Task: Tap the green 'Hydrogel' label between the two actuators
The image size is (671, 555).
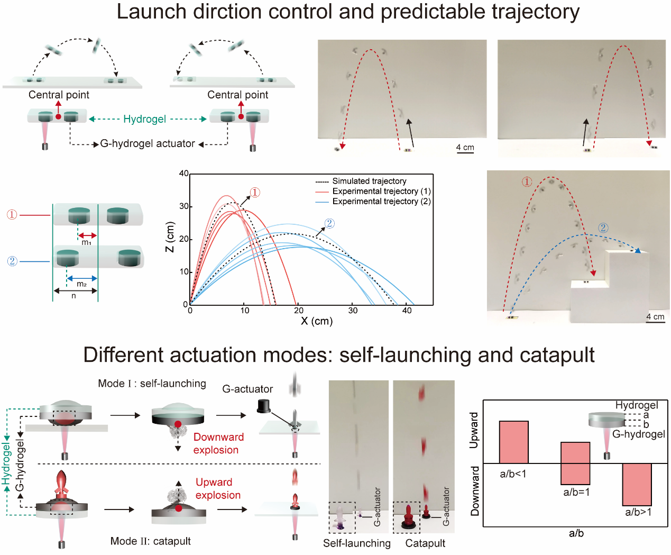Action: click(x=144, y=119)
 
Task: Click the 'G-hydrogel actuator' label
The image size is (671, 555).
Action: click(x=148, y=143)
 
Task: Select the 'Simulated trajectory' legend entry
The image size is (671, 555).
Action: click(x=361, y=181)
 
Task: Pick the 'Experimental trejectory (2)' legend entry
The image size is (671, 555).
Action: click(x=373, y=201)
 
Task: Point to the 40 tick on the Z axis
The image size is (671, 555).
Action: click(x=184, y=174)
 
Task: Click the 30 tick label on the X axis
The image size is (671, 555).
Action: click(x=353, y=310)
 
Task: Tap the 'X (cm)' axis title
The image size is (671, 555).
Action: click(x=317, y=321)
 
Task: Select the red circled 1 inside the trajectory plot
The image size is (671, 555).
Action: click(x=255, y=193)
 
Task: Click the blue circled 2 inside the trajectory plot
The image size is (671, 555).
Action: click(x=329, y=223)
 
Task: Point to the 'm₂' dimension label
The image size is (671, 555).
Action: click(x=81, y=284)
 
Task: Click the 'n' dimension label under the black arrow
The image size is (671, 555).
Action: click(x=73, y=296)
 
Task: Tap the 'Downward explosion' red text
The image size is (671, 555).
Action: click(x=218, y=443)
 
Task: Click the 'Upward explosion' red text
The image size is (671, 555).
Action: click(x=218, y=489)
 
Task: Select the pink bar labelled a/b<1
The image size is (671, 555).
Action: click(x=513, y=442)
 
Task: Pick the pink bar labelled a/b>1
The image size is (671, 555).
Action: click(x=637, y=484)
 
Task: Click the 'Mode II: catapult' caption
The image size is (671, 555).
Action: click(x=150, y=541)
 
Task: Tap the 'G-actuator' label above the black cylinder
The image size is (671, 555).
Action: click(x=247, y=389)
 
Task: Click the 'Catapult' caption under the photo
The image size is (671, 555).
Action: click(x=425, y=543)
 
